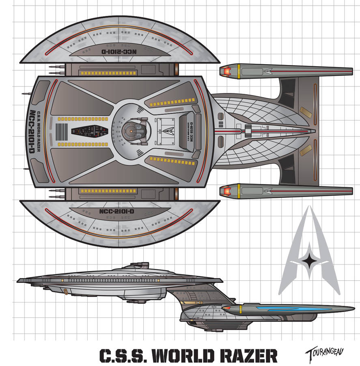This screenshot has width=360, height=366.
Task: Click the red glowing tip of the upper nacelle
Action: coord(224,72)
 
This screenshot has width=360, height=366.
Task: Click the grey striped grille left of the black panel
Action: coord(61,131)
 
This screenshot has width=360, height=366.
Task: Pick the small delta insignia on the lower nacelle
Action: coord(268,190)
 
